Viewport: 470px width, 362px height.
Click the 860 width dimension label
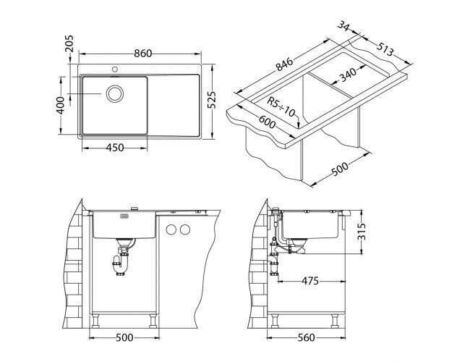143,54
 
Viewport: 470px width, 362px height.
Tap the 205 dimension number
69,43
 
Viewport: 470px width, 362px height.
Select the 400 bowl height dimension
61,106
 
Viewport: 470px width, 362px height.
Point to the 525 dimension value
211,100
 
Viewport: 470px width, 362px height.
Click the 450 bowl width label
115,148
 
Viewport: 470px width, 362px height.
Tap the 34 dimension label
343,26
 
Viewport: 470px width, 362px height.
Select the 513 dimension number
385,49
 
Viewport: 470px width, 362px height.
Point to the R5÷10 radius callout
281,106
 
